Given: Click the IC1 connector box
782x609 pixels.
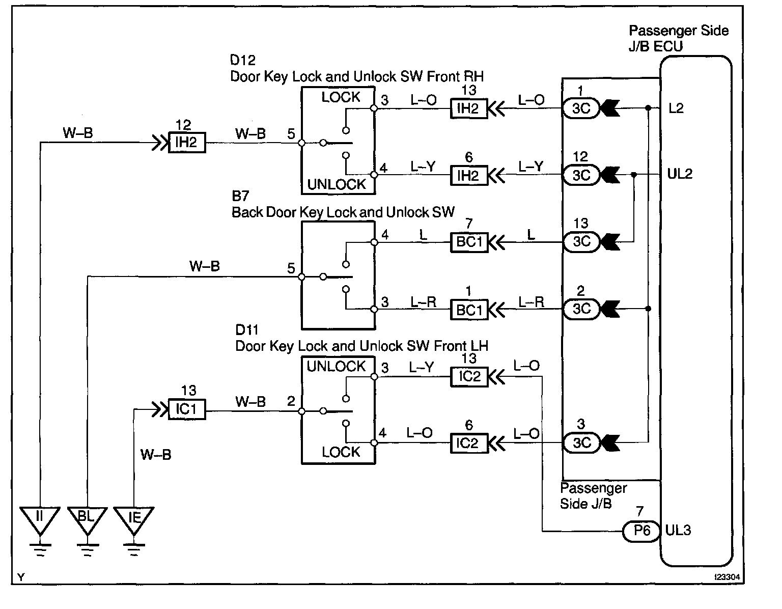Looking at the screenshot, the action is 187,409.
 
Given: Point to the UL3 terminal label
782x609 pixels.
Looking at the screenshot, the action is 678,531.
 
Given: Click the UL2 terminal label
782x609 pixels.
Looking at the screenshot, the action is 680,174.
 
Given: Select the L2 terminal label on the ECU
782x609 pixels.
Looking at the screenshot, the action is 676,108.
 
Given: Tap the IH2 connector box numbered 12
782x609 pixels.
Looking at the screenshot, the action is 187,143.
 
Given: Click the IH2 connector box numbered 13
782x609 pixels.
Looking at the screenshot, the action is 468,108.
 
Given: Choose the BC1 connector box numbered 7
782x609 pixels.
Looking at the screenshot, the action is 469,242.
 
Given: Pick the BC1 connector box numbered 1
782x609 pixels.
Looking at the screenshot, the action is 469,310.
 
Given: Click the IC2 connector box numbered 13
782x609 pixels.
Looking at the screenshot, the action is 469,377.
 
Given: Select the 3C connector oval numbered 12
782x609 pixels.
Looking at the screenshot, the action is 581,175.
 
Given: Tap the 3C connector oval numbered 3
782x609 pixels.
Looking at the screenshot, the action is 581,442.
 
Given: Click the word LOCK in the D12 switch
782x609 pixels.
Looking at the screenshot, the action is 341,97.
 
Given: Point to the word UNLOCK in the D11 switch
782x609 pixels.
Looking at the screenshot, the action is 336,367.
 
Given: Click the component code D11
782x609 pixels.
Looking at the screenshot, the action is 247,329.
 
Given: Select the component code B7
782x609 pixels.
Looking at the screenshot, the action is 240,196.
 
